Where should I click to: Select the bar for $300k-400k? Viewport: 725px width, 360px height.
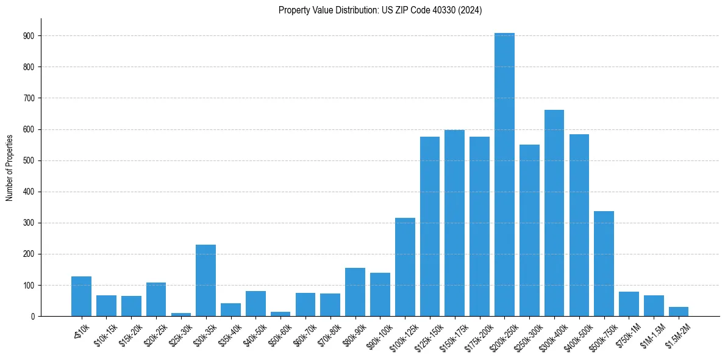[554, 213]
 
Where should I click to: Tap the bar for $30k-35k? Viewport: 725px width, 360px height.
[205, 280]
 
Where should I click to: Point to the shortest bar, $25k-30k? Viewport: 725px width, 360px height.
[180, 314]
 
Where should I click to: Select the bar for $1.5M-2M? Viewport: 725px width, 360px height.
[679, 312]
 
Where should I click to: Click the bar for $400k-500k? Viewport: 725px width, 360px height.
[579, 225]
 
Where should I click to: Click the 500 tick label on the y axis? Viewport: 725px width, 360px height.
[30, 160]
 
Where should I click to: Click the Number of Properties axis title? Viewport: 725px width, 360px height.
[9, 168]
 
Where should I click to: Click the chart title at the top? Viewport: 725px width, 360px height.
[380, 10]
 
